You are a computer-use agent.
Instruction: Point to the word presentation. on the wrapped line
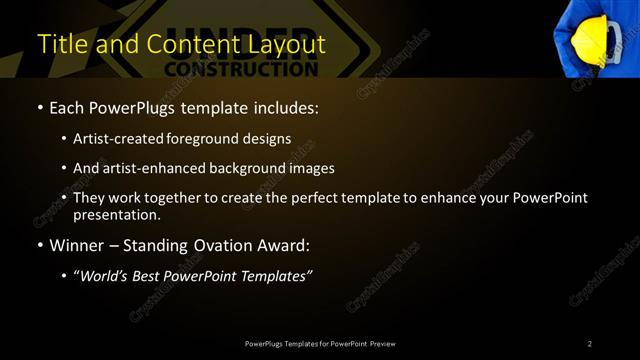coord(116,215)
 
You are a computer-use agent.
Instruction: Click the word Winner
coord(76,245)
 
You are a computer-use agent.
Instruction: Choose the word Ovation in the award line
coord(223,245)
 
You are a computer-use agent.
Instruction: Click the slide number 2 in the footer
coord(590,344)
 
